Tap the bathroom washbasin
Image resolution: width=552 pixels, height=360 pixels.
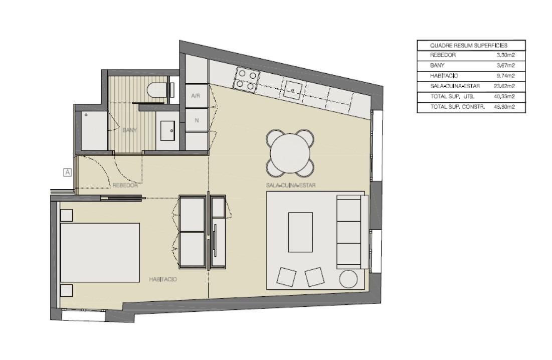tap(167, 131)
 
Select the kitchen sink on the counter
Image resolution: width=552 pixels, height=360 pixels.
tap(293, 90)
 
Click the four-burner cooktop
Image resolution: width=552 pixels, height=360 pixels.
tap(247, 80)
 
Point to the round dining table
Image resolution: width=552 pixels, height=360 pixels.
tap(290, 153)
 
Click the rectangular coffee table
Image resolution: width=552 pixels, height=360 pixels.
tap(301, 232)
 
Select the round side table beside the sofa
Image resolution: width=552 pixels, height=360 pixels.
tap(348, 279)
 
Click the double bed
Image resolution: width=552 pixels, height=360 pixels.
tap(100, 252)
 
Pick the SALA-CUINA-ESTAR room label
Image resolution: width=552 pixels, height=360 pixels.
tap(291, 185)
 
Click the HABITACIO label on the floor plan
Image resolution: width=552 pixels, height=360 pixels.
tap(162, 279)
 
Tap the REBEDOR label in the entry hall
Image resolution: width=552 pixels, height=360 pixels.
tap(125, 185)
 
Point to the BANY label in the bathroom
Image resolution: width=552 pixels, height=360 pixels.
tap(129, 130)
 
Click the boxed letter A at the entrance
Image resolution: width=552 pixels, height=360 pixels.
tap(67, 172)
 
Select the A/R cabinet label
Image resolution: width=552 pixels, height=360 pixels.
tap(196, 96)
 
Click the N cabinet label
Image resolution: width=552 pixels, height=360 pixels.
tap(197, 120)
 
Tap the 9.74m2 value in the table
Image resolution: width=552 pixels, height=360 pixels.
tap(505, 76)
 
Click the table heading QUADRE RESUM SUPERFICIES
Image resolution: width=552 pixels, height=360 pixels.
tap(469, 46)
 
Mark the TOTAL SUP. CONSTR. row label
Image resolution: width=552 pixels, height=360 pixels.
tap(457, 107)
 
